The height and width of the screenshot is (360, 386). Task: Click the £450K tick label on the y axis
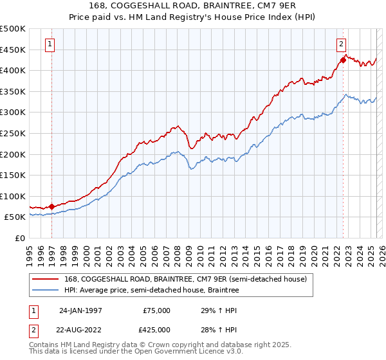[12, 50]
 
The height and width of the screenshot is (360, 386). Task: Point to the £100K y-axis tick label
[12, 196]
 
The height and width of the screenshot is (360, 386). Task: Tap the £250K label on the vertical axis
[12, 133]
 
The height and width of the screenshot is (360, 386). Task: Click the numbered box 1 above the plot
[50, 44]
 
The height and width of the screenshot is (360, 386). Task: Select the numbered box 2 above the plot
[341, 44]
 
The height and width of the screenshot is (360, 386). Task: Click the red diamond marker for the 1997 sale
[52, 206]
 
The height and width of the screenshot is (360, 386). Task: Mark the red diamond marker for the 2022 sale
[343, 60]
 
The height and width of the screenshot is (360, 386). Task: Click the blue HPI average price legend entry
[151, 290]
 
